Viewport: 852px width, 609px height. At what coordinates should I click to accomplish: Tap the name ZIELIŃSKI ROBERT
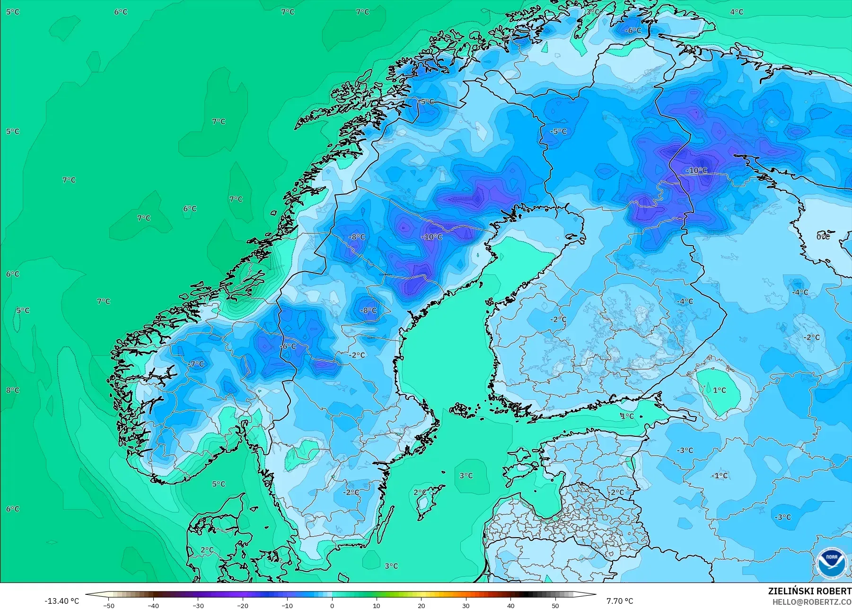pyautogui.click(x=809, y=591)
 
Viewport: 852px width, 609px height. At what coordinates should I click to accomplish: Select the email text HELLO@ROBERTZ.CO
pyautogui.click(x=812, y=602)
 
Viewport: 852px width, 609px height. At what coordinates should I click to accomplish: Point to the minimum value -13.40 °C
pyautogui.click(x=61, y=601)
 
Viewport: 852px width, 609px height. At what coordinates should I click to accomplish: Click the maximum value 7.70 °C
pyautogui.click(x=620, y=601)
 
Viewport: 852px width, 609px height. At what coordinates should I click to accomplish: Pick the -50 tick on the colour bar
pyautogui.click(x=109, y=606)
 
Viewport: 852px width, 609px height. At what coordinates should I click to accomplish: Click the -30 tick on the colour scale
pyautogui.click(x=198, y=606)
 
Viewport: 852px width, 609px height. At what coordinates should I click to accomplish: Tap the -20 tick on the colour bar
pyautogui.click(x=243, y=606)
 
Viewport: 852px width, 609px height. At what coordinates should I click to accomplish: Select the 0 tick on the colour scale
pyautogui.click(x=332, y=606)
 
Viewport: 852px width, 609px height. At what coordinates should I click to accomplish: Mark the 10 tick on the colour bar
pyautogui.click(x=377, y=606)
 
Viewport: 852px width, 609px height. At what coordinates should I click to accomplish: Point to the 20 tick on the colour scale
pyautogui.click(x=422, y=606)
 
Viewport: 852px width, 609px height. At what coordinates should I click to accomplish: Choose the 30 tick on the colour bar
pyautogui.click(x=466, y=606)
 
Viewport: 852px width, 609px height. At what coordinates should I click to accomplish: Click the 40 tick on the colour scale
pyautogui.click(x=511, y=606)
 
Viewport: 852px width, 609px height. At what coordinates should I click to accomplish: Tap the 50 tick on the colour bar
pyautogui.click(x=555, y=606)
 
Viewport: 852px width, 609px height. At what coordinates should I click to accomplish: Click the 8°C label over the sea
pyautogui.click(x=13, y=390)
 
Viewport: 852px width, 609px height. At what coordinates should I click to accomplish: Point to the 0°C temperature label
pyautogui.click(x=823, y=236)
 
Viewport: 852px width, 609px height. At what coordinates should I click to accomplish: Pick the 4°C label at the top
pyautogui.click(x=737, y=12)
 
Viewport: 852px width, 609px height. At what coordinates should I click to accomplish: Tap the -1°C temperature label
pyautogui.click(x=720, y=476)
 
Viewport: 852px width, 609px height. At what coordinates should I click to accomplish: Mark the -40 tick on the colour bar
pyautogui.click(x=153, y=606)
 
